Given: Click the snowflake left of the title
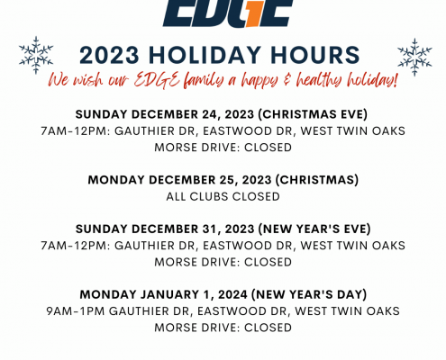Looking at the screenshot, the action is [36, 55].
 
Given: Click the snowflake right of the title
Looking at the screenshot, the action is [414, 57].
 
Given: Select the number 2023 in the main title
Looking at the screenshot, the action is [110, 55].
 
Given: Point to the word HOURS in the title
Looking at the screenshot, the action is [315, 55].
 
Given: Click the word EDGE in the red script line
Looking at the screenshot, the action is [157, 81].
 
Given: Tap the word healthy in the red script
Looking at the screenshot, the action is [319, 80].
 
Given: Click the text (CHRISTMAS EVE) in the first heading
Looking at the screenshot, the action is [313, 114].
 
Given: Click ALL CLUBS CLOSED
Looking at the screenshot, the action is [223, 196].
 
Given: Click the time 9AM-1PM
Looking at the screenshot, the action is [76, 311].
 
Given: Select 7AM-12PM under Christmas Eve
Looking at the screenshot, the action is [76, 131].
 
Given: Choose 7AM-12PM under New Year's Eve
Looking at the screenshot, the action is [76, 246].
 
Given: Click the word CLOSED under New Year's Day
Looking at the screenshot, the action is [268, 328].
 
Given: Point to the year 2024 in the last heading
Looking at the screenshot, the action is [232, 294].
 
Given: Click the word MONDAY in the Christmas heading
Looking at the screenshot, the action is [116, 180].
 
